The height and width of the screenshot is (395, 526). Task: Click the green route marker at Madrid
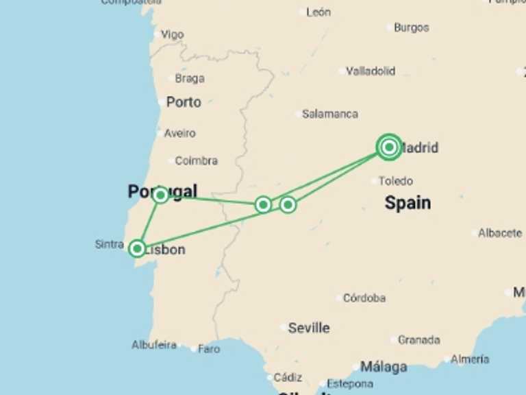click(x=389, y=147)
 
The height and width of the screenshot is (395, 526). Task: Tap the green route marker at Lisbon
click(x=138, y=248)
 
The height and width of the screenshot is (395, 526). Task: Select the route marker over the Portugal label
click(x=160, y=195)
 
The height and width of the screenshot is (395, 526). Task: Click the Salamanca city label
click(x=330, y=114)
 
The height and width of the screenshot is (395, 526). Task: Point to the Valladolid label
click(x=371, y=71)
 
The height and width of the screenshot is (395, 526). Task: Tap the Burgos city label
click(x=411, y=27)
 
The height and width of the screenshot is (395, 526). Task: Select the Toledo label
click(x=396, y=181)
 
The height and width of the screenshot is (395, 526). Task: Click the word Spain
click(x=408, y=202)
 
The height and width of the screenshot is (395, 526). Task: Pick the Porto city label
click(x=184, y=102)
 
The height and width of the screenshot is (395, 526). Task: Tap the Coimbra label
click(x=196, y=160)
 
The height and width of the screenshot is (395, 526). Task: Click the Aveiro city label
click(x=179, y=133)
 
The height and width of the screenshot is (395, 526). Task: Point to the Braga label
click(x=190, y=78)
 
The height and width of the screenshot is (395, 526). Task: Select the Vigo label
click(x=173, y=34)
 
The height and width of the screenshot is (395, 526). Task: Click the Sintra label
click(x=109, y=244)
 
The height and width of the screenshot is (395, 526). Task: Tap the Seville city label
click(x=308, y=328)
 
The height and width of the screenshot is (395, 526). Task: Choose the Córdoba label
click(x=364, y=298)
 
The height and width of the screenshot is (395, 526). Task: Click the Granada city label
click(x=418, y=339)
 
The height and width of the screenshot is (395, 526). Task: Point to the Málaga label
click(x=384, y=367)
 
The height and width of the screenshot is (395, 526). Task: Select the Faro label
click(x=209, y=348)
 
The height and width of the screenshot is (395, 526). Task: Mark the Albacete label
click(x=500, y=233)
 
